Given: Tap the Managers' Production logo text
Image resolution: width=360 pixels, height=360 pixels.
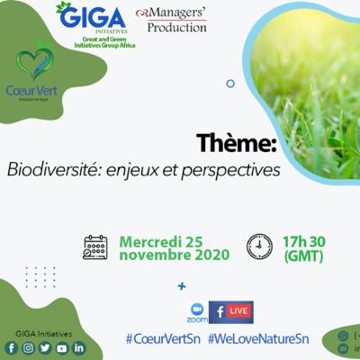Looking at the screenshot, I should (x=171, y=21).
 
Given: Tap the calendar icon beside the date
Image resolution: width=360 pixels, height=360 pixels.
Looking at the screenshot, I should (x=95, y=246).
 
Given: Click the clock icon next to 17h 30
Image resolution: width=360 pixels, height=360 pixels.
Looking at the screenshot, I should (x=259, y=245).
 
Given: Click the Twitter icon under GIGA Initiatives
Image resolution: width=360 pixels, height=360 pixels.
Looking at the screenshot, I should (x=45, y=347).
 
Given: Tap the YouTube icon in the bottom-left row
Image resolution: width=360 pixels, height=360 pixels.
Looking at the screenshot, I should (x=62, y=347).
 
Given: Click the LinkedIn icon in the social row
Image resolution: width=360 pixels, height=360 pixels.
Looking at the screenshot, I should (x=79, y=347).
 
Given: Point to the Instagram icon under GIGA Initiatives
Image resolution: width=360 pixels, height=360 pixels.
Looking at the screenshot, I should (x=28, y=347).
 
